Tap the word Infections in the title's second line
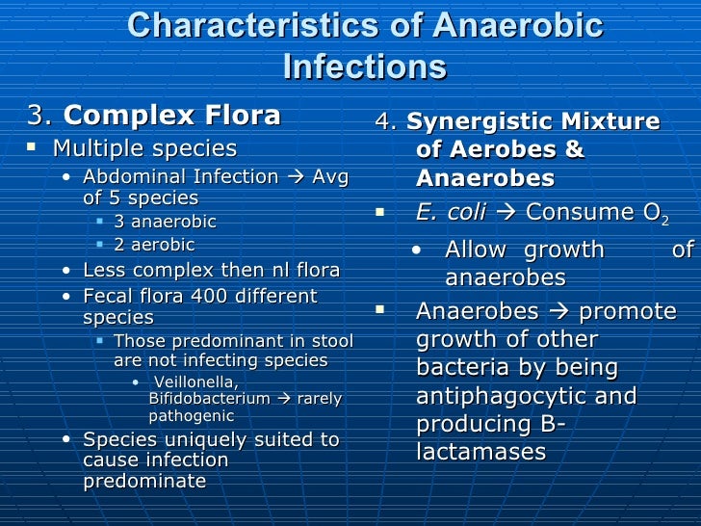pos(365,67)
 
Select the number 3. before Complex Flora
pos(40,118)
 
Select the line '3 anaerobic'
pos(165,222)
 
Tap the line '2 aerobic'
pos(154,245)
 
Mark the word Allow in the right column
pos(476,250)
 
